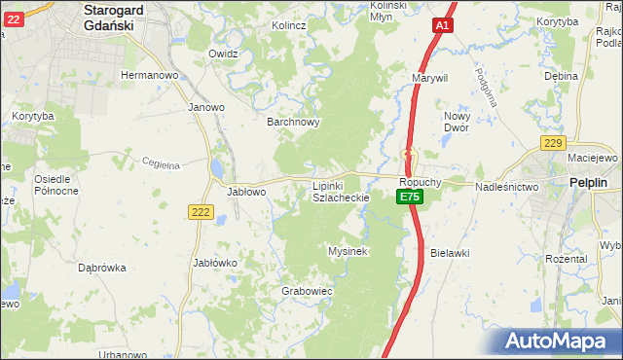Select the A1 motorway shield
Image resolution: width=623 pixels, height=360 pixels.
(x=443, y=25)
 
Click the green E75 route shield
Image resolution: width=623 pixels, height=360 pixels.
(x=409, y=198)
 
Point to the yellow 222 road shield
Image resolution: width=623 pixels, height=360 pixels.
(x=202, y=213)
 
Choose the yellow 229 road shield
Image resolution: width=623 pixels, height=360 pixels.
(x=553, y=144)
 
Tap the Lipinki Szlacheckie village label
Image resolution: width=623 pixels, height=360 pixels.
(x=340, y=191)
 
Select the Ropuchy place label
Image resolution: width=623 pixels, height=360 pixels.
(x=421, y=182)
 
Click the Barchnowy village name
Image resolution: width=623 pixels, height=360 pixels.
(x=294, y=123)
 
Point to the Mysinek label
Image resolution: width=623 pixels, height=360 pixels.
(x=348, y=251)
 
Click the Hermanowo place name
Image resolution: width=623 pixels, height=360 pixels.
(x=147, y=75)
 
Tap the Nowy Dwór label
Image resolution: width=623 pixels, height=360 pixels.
(x=457, y=121)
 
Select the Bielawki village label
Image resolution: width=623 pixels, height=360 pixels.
(x=451, y=252)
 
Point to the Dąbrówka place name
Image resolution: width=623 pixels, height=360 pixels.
(x=102, y=268)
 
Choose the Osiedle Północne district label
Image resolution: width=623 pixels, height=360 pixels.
(x=56, y=185)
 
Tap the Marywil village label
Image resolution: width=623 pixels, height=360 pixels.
(x=429, y=77)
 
